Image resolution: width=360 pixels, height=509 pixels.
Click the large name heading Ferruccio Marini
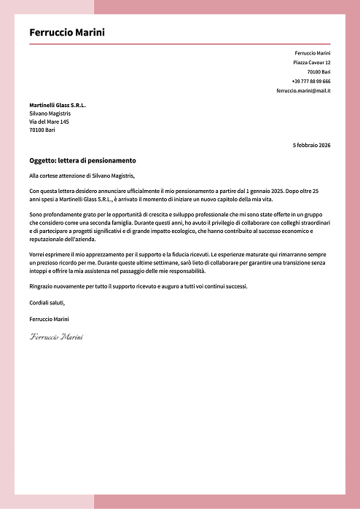pos(67,32)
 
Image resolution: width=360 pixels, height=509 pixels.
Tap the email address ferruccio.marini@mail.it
pos(303,91)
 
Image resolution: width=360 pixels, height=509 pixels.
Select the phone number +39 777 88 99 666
pos(311,82)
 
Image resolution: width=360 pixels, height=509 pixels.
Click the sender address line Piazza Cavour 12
pos(312,63)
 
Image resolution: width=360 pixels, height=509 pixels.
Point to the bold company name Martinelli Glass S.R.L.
pos(58,106)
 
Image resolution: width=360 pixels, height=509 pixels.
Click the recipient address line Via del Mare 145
pos(49,122)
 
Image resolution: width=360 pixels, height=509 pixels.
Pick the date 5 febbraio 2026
pos(311,146)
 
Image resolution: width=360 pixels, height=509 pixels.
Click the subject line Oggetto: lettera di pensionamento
pos(82,160)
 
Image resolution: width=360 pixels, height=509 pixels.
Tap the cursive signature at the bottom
pos(56,337)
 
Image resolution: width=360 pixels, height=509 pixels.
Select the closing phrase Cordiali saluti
pos(47,302)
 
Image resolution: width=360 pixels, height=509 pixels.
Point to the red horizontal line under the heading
pos(180,44)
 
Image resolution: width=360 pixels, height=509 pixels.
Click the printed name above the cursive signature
pos(50,319)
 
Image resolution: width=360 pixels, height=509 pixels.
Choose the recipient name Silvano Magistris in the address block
pos(50,114)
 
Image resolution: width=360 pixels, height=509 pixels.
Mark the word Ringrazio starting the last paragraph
pos(42,286)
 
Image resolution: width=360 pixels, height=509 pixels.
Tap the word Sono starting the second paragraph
pos(36,215)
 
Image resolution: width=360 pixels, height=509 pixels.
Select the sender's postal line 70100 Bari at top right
pos(318,72)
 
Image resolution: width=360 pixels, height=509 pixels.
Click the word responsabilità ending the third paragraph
pos(187,270)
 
